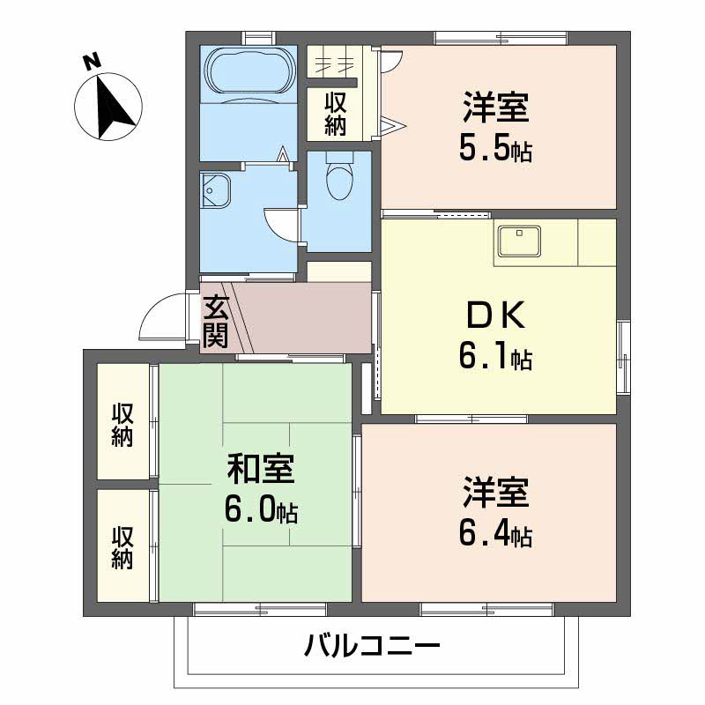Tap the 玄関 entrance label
pos(216,322)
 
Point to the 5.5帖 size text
pos(494,150)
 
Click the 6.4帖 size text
pos(494,533)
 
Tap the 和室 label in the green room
pos(260,468)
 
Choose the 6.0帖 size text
pos(260,510)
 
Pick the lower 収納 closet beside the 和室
pos(122,547)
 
